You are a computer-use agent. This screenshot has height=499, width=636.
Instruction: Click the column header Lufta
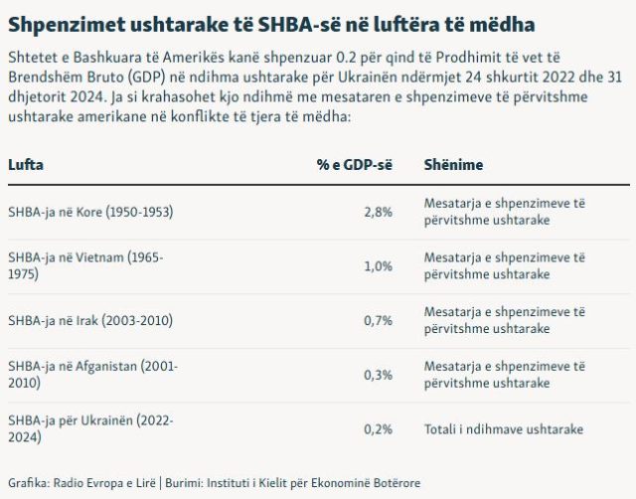[25, 164]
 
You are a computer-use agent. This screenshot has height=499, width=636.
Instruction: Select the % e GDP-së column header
[355, 164]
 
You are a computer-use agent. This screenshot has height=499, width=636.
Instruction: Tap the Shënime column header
[454, 164]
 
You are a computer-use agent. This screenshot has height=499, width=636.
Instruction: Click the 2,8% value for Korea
[379, 212]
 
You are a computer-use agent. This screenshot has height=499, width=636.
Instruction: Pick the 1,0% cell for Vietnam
[379, 266]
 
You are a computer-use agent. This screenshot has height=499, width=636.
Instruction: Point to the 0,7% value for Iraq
[379, 320]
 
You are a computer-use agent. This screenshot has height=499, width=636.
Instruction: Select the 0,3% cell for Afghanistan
[379, 375]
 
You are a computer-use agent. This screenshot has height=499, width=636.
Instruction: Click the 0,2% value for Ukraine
[379, 429]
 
